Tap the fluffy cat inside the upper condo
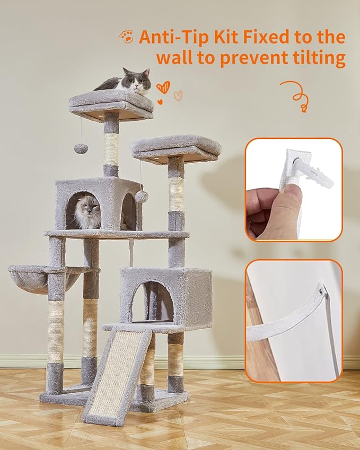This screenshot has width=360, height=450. [x=87, y=211]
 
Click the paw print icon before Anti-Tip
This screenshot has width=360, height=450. [x=126, y=37]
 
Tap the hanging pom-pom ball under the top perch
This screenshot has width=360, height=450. [x=81, y=148]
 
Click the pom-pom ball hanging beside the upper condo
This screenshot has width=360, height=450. [x=142, y=197]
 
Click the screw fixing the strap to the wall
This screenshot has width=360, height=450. [x=321, y=289]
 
